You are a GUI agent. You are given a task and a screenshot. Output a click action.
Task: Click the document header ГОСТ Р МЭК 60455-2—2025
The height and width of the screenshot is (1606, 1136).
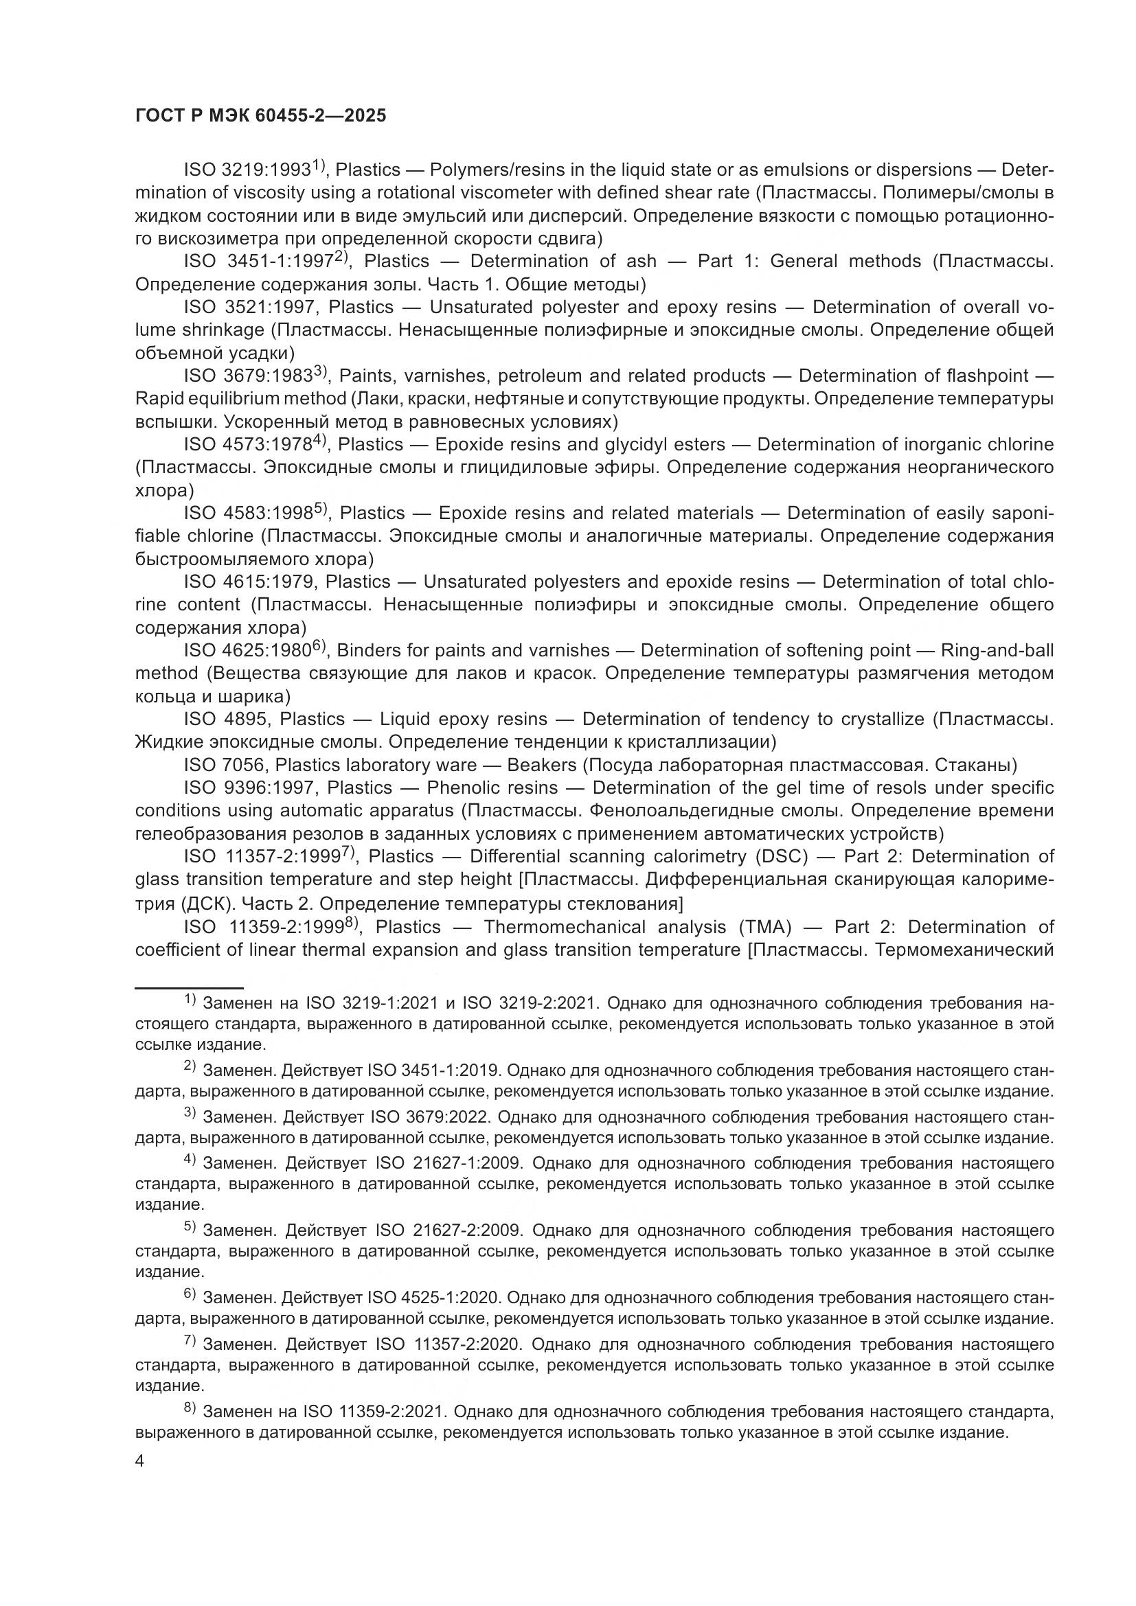click(x=260, y=116)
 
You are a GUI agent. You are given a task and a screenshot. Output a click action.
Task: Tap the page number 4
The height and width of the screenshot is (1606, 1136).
click(x=140, y=1462)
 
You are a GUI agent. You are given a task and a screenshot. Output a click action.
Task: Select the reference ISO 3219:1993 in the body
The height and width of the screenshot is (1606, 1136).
click(x=247, y=170)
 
